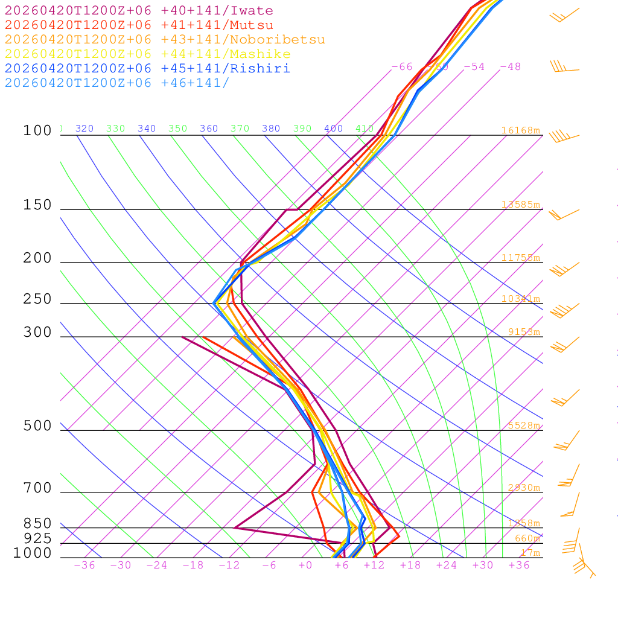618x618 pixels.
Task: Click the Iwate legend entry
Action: pos(139,11)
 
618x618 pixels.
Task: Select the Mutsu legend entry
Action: pos(139,25)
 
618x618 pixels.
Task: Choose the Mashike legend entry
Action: pos(147,54)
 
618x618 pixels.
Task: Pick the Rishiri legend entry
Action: pos(147,68)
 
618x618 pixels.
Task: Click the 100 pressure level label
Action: pos(37,131)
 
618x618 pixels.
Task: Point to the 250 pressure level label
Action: pos(37,299)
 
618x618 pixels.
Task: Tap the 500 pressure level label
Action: pos(37,426)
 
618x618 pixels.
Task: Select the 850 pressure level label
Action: pos(37,524)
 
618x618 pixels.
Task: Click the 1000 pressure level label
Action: pos(33,553)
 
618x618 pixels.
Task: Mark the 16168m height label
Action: pos(520,130)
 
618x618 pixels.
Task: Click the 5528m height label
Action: pos(523,425)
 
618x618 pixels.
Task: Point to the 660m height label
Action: pos(527,538)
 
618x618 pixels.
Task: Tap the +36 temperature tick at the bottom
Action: pos(519,565)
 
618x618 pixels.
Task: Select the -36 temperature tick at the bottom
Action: pos(84,565)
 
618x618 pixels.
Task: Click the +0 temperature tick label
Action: pos(305,565)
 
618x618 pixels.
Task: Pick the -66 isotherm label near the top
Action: pos(402,67)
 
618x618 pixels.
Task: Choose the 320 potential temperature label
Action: pos(84,129)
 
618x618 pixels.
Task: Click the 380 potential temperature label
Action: pos(271,129)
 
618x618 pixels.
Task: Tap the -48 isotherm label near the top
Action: pos(510,67)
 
